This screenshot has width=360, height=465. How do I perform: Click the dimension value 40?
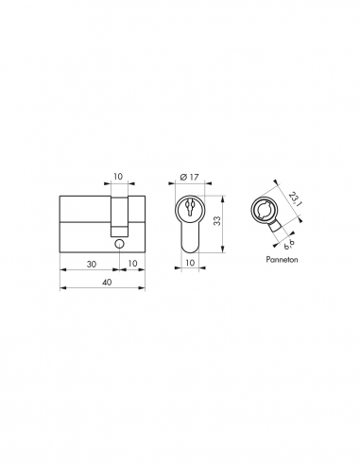(104, 281)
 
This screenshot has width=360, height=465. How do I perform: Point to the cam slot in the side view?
(119, 214)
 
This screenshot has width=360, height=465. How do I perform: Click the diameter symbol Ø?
(180, 176)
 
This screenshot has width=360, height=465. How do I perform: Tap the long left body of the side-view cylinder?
(85, 222)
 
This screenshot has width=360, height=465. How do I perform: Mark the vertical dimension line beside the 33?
(225, 222)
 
